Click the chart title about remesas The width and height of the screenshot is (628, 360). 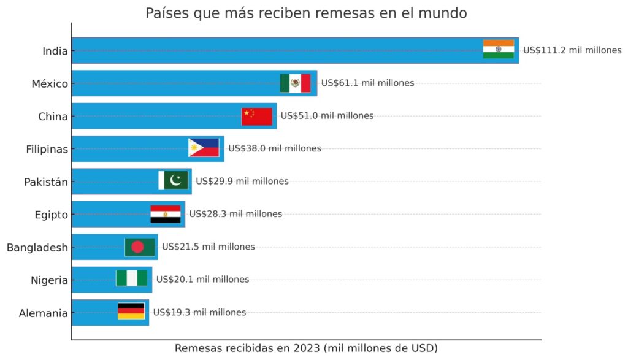point(305,13)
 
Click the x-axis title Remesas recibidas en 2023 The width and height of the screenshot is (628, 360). point(306,348)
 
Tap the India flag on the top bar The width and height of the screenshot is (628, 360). point(498,49)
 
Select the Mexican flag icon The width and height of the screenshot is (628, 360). point(295,83)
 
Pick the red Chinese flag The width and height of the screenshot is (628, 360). point(256,116)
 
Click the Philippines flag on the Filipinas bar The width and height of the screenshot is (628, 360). point(204,148)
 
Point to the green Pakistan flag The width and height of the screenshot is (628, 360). point(173,180)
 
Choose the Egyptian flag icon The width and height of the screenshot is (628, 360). point(166,214)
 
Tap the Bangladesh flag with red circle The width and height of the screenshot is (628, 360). point(140,247)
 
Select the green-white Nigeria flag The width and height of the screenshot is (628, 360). point(131,278)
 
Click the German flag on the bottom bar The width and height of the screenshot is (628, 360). point(131,311)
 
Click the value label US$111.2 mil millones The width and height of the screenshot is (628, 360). point(572,50)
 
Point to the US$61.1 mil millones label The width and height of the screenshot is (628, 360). point(367,83)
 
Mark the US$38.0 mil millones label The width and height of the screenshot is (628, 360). point(274,148)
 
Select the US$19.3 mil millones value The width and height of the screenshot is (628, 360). point(199,312)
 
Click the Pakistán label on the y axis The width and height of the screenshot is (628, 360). point(46,182)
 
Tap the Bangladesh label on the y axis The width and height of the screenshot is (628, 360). point(37,248)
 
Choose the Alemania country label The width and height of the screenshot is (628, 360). point(43,313)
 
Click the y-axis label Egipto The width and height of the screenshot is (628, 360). point(51,215)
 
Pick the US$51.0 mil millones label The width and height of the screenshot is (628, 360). point(327,115)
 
